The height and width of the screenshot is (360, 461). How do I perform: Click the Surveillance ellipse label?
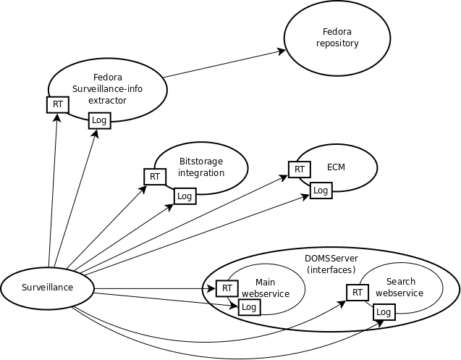point(46,288)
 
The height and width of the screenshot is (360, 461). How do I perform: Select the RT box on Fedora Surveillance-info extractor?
point(57,104)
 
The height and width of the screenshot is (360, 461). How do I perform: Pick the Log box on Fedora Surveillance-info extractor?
point(99,120)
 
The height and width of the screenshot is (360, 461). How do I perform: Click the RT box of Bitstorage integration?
point(154,176)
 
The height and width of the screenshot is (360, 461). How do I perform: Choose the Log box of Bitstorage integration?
point(185,196)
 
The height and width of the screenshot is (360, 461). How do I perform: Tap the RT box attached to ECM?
point(299,169)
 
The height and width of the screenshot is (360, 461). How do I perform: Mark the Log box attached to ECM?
point(321,191)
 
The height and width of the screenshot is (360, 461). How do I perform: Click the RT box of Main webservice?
point(227,288)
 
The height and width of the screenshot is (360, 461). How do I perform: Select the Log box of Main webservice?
point(249,306)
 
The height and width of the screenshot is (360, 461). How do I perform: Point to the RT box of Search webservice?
point(357,293)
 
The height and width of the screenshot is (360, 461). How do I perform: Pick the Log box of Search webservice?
point(384,312)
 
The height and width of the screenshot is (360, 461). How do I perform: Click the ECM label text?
point(336,167)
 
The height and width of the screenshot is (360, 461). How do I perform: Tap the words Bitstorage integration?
point(201,167)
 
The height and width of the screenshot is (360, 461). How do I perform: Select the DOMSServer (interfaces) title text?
point(331,264)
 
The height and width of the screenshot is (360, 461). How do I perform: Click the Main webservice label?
point(265,288)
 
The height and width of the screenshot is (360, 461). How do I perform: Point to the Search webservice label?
point(399,287)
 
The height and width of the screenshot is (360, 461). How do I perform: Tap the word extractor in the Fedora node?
point(107,100)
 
